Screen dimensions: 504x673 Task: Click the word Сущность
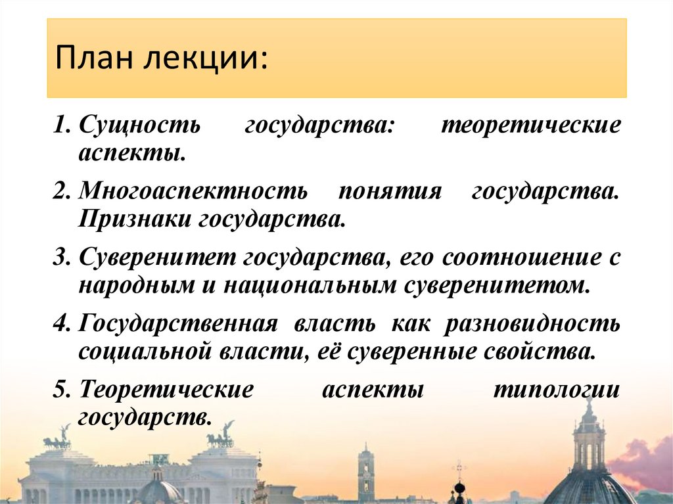[139, 126]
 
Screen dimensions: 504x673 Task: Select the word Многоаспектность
[193, 192]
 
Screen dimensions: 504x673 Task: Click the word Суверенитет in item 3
[156, 258]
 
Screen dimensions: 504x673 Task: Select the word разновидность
[533, 323]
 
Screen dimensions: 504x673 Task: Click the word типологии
[556, 389]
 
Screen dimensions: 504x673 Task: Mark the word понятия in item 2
[389, 192]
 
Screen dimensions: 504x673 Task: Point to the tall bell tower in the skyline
[366, 472]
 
